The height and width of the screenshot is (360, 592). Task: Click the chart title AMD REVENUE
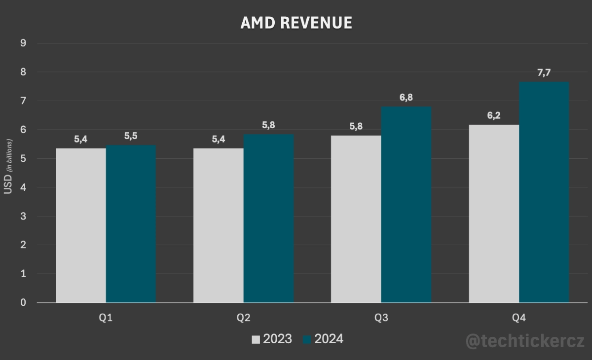(x=296, y=23)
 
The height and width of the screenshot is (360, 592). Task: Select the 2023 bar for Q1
(x=81, y=225)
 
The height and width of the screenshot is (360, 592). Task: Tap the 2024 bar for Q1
(x=131, y=224)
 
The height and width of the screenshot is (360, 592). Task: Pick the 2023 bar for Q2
(x=218, y=225)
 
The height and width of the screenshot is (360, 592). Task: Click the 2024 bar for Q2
(x=268, y=218)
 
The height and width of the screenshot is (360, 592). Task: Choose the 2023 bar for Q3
(x=356, y=219)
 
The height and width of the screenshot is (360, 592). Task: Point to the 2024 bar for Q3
(x=406, y=205)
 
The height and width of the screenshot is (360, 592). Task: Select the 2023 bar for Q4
(x=493, y=214)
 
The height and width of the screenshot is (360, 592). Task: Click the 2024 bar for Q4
(x=544, y=192)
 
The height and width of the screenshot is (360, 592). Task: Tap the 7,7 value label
(x=544, y=73)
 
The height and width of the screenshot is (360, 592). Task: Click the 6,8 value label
(x=406, y=98)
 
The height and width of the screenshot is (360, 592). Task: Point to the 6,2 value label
(x=493, y=116)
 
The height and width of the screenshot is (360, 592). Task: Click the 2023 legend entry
(x=272, y=339)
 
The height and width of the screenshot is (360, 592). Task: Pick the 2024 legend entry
(x=323, y=339)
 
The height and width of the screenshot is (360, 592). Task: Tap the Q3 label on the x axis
(x=381, y=318)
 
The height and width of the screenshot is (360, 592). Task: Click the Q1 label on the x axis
(x=106, y=318)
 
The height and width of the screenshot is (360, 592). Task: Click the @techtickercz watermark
(x=525, y=341)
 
